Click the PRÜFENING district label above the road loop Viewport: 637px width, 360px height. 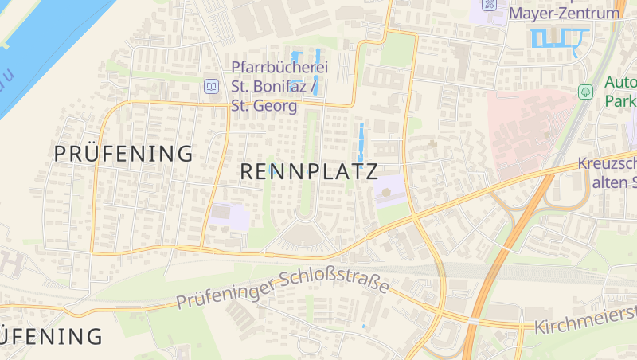(x=123, y=154)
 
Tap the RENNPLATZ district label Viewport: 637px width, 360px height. (x=309, y=171)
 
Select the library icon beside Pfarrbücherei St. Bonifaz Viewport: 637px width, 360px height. (x=211, y=86)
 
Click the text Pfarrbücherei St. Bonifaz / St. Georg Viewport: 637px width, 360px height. (x=279, y=86)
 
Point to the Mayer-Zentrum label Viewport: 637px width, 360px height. (x=564, y=14)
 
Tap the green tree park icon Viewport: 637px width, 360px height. (x=586, y=92)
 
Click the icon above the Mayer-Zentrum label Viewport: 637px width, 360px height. (x=489, y=4)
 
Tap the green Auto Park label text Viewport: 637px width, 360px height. (x=619, y=92)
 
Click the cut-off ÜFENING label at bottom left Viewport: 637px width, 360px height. (x=52, y=336)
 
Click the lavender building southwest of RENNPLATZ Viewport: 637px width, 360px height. (x=231, y=217)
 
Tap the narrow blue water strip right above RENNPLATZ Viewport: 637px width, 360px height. (x=361, y=139)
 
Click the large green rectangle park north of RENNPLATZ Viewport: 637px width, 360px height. (x=398, y=52)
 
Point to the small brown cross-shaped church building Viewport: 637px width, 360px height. (x=432, y=144)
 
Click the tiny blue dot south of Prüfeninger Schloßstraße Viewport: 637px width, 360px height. (x=363, y=326)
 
